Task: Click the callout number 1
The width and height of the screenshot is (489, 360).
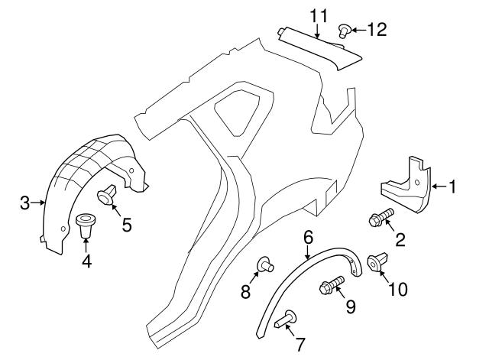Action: (452, 186)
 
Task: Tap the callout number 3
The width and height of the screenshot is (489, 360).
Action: (25, 203)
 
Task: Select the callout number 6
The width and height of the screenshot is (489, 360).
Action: (308, 238)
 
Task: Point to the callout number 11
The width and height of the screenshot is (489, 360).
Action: (319, 16)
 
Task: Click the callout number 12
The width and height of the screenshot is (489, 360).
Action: (377, 29)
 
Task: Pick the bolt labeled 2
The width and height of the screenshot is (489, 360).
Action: (381, 217)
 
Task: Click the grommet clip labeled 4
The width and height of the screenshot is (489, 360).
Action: (86, 225)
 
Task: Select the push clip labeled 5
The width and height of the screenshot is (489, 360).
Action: (107, 194)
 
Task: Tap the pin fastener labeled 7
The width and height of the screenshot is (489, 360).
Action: (285, 319)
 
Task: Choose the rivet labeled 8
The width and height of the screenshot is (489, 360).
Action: (265, 264)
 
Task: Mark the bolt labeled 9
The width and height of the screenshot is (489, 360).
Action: (332, 284)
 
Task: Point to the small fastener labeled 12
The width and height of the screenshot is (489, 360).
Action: (345, 31)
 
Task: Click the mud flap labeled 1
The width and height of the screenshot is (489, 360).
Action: (406, 186)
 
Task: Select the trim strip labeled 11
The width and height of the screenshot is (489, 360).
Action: (320, 48)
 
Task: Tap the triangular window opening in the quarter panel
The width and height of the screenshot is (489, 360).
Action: (238, 112)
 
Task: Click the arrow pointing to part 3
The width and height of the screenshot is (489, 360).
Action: (38, 203)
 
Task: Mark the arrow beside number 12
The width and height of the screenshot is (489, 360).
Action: (358, 30)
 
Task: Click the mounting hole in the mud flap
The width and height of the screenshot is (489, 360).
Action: (416, 183)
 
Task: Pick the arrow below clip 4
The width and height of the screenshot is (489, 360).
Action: (86, 245)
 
